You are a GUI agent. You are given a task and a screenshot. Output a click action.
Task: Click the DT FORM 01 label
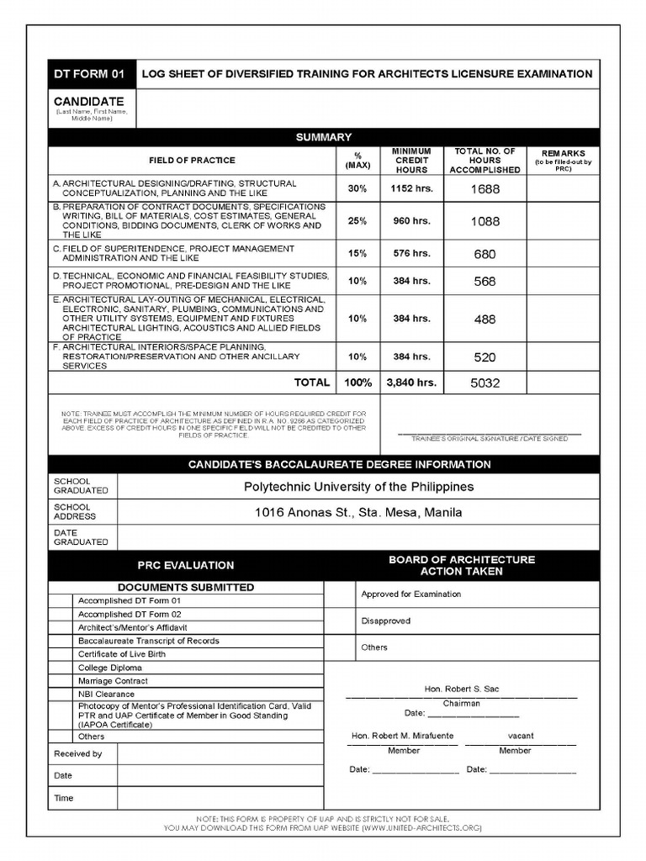89,74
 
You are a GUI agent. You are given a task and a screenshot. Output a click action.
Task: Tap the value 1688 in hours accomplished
484,189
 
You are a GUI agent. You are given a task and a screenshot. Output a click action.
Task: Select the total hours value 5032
484,383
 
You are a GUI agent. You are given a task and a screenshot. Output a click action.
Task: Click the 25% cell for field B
357,221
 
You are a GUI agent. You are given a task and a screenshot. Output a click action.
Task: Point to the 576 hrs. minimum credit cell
411,253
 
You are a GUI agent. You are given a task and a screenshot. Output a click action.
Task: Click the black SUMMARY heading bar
324,137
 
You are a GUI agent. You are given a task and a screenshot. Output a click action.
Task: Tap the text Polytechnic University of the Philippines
358,487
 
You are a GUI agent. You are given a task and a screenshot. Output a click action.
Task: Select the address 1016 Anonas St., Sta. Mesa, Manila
358,513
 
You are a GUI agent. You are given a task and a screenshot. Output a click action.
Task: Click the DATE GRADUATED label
81,537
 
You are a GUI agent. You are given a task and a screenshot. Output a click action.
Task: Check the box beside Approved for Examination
339,594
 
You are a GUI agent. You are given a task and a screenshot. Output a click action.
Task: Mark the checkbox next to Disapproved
339,621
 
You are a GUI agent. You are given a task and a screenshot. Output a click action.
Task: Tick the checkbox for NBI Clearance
60,694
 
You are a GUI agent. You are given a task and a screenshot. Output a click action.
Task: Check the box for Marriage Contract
60,680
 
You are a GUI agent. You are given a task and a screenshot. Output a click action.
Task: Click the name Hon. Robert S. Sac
462,689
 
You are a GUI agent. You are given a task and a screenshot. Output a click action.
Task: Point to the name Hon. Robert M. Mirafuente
402,736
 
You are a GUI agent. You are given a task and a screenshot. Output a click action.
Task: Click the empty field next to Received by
220,753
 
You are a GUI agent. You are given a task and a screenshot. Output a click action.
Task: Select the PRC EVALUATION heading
186,565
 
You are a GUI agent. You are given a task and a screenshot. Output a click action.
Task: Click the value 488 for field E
484,320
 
